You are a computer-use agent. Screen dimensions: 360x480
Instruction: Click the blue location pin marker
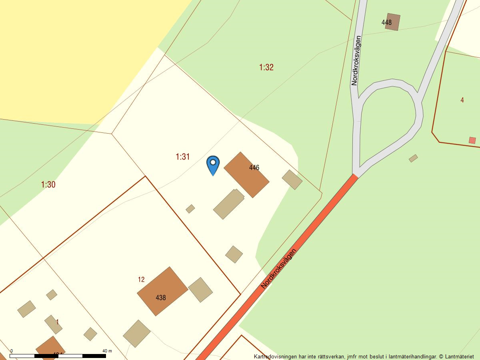(213, 164)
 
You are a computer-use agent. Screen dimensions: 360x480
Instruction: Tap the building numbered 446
(246, 174)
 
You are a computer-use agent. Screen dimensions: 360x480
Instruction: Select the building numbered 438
(162, 291)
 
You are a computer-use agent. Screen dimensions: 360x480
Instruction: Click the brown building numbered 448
(392, 22)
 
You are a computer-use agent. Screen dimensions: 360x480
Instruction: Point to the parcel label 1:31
(182, 157)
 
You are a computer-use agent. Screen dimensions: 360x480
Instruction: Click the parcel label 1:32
(266, 67)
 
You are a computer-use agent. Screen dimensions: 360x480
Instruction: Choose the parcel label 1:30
(48, 184)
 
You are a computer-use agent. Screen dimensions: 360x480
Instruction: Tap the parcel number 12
(141, 280)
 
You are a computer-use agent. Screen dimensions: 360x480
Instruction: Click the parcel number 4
(462, 100)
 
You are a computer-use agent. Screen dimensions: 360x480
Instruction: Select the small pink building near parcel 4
(472, 140)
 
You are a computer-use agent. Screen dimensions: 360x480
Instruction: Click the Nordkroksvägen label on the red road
(279, 268)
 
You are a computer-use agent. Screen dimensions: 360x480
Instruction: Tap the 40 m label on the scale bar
(107, 351)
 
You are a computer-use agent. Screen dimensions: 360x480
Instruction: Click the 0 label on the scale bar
(11, 351)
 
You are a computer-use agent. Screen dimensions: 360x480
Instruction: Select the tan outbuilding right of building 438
(200, 290)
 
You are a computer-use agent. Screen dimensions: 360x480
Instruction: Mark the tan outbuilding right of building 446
(292, 180)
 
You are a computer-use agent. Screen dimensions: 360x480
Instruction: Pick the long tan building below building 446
(229, 204)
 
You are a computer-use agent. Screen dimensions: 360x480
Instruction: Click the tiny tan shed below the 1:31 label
(190, 209)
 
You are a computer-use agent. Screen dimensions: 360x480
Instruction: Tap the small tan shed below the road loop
(413, 158)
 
